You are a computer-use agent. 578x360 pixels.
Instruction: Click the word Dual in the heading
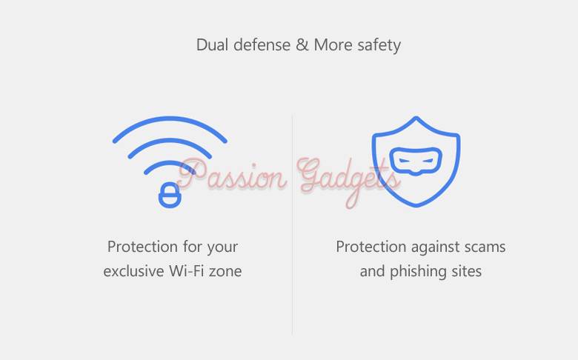click(x=213, y=45)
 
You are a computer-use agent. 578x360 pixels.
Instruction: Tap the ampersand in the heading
click(x=302, y=45)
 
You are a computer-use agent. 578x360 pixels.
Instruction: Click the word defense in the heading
click(x=262, y=45)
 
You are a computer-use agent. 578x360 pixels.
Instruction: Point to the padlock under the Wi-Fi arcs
click(x=170, y=195)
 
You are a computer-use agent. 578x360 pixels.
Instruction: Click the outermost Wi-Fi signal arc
click(x=170, y=119)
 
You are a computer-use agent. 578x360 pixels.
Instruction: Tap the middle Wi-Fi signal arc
click(x=170, y=141)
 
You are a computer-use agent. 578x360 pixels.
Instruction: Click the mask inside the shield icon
click(x=416, y=161)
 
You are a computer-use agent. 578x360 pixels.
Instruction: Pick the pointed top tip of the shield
click(x=416, y=117)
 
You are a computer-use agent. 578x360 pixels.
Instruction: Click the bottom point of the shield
click(x=416, y=206)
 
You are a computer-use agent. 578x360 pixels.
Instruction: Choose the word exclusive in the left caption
click(x=133, y=271)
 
